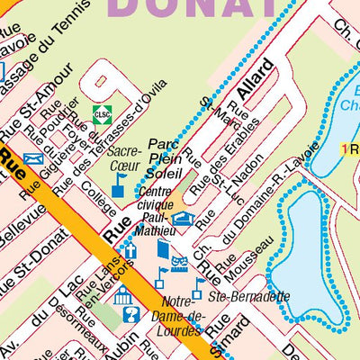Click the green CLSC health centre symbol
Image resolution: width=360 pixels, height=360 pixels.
103,113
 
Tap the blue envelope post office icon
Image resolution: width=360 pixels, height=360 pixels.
33,160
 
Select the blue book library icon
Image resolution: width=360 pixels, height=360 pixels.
162,249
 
